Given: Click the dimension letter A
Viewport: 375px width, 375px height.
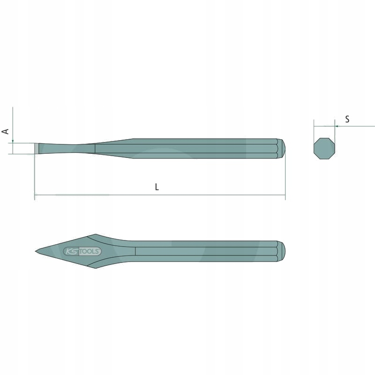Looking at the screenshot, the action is click(x=5, y=131).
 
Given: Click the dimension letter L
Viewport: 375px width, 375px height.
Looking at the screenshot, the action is click(x=157, y=187).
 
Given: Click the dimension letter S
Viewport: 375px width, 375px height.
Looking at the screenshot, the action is click(x=347, y=119).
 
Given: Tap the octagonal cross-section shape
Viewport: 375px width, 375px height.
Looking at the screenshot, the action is click(x=324, y=148).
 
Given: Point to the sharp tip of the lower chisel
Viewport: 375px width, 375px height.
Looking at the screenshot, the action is click(x=36, y=251).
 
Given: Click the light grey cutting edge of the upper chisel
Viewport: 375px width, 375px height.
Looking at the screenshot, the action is click(x=37, y=149).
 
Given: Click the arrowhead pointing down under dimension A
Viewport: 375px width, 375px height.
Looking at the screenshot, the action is click(x=13, y=141).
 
